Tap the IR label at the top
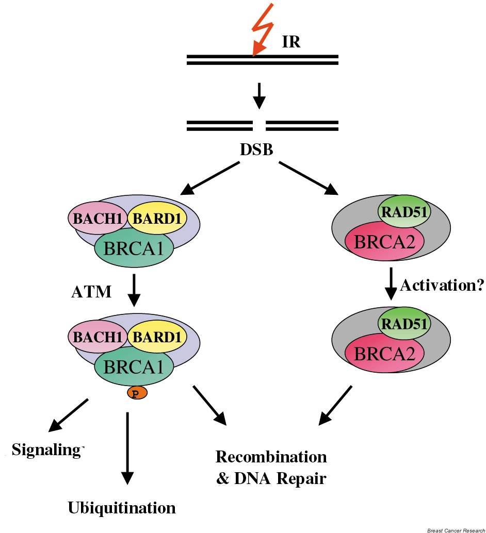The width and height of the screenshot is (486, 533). coord(291,42)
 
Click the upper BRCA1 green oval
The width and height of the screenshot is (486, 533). coord(134,248)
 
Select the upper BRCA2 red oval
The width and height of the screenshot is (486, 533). coord(384,242)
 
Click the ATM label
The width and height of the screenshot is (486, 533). coord(91,292)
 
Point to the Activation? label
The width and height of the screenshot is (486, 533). coord(441,285)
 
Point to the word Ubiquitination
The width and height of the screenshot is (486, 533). coord(122,508)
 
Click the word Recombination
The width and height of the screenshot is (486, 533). coord(271,457)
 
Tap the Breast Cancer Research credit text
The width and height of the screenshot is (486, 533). coord(456,530)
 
